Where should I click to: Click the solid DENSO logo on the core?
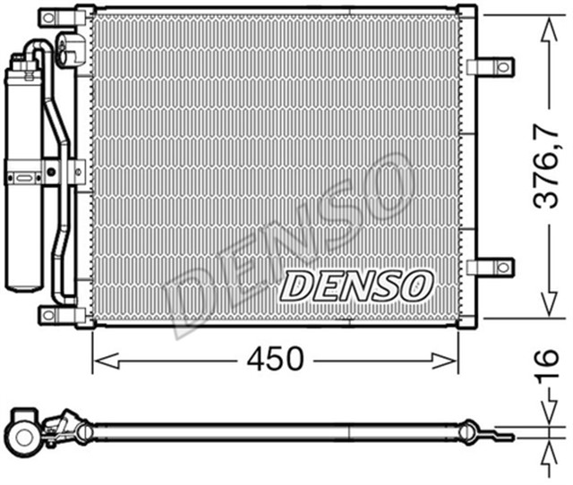356,286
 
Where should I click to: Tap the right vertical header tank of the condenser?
466,166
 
